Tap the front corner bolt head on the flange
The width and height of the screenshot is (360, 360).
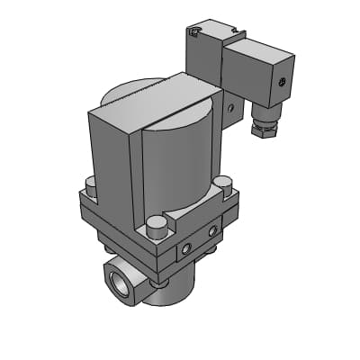click(x=156, y=222)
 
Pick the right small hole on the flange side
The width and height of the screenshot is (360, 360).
click(x=213, y=231)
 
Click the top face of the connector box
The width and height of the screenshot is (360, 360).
click(x=256, y=49)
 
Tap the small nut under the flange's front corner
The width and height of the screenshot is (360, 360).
click(x=159, y=283)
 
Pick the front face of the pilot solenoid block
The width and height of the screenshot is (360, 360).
click(x=205, y=67)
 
